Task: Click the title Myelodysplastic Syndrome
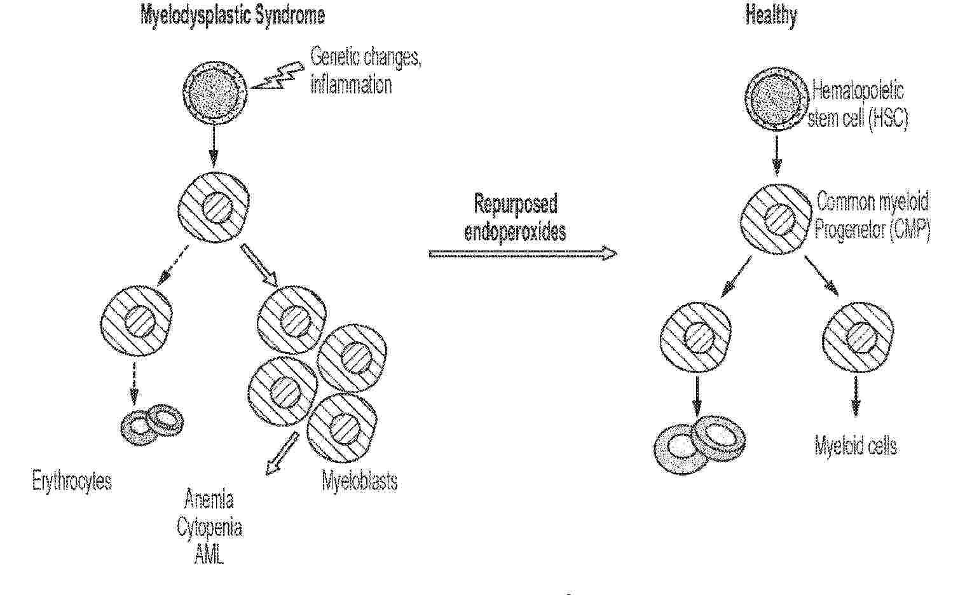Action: [233, 16]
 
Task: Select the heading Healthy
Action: [771, 15]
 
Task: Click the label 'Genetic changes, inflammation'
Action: [366, 71]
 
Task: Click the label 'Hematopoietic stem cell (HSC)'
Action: [858, 105]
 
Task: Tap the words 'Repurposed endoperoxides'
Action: [515, 217]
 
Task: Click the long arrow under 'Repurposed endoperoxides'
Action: [523, 254]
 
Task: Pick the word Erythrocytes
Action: [72, 481]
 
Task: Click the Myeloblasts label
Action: [359, 481]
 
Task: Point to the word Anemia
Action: [209, 499]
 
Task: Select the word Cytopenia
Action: [210, 528]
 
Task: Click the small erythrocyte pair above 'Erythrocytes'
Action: [152, 424]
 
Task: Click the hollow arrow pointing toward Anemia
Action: [282, 454]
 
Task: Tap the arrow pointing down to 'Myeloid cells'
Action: [856, 396]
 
